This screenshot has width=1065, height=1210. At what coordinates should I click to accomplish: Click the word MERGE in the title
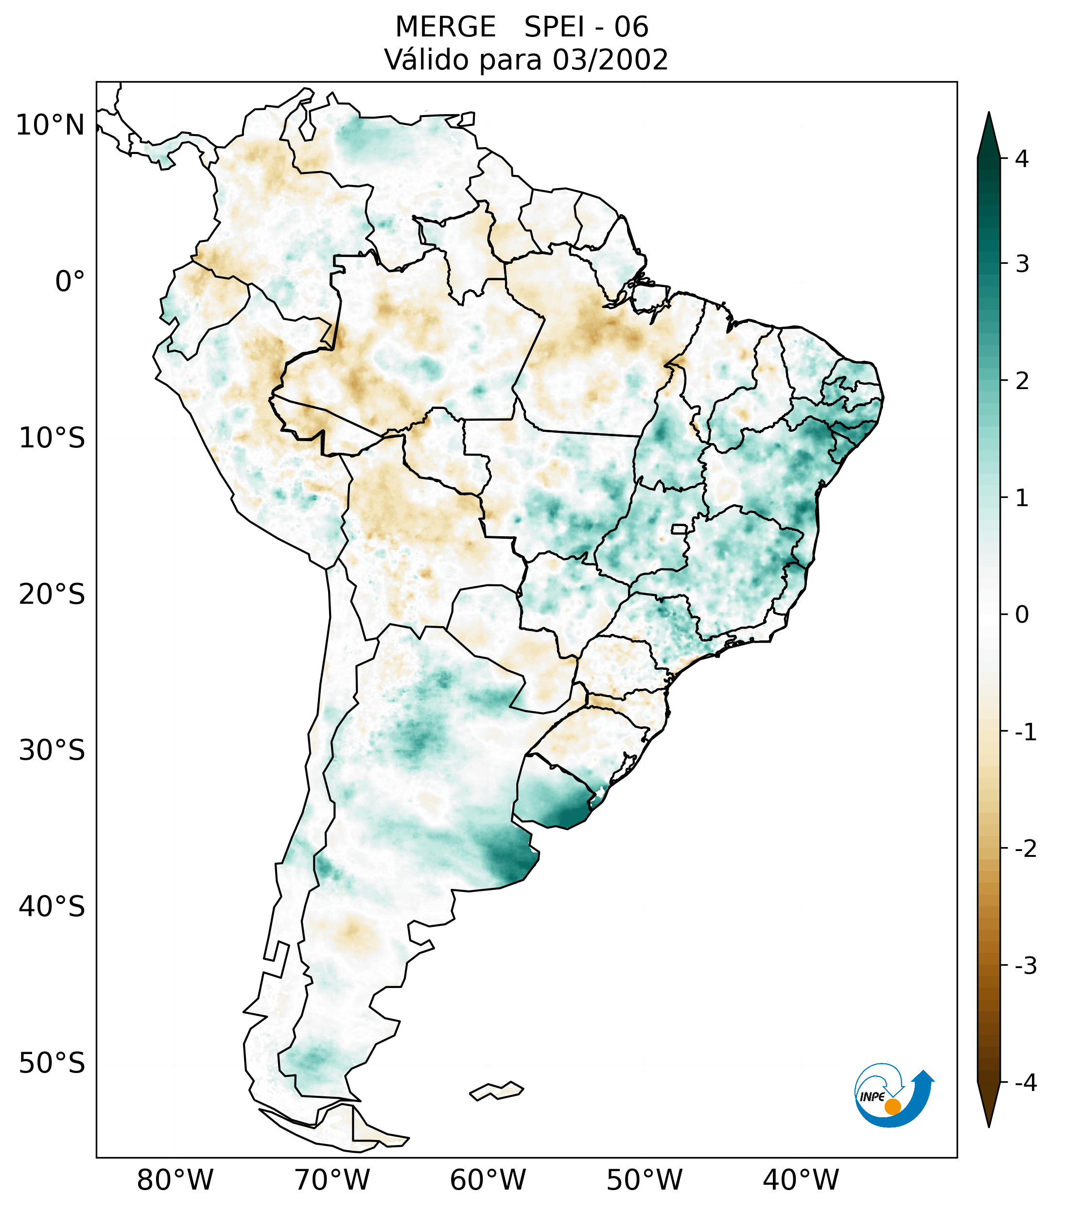point(445,27)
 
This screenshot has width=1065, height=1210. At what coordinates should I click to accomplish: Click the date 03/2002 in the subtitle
point(610,60)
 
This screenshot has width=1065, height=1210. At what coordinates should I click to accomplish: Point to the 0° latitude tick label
point(70,282)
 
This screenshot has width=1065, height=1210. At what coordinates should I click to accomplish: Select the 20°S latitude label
point(52,595)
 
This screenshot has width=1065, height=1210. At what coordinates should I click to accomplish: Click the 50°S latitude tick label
point(52,1064)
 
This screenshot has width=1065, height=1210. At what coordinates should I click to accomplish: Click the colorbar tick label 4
point(1022,159)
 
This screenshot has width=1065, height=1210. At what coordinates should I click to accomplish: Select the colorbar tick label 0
point(1022,615)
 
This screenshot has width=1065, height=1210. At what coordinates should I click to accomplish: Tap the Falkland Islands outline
point(496,1091)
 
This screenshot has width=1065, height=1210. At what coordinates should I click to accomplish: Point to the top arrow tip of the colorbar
point(989,114)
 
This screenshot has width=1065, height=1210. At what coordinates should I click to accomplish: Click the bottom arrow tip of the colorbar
point(989,1126)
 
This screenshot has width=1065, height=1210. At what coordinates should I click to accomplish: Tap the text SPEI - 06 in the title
point(586,27)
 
